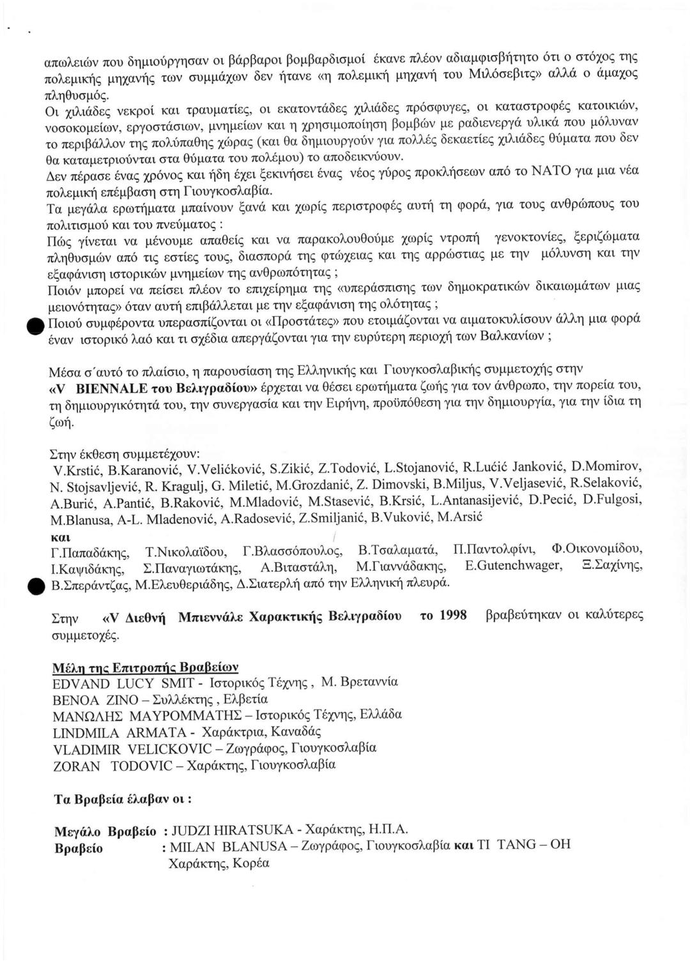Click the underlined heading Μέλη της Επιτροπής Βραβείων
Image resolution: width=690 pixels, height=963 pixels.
point(146,667)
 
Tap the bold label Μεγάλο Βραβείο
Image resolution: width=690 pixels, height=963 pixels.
point(105,831)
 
